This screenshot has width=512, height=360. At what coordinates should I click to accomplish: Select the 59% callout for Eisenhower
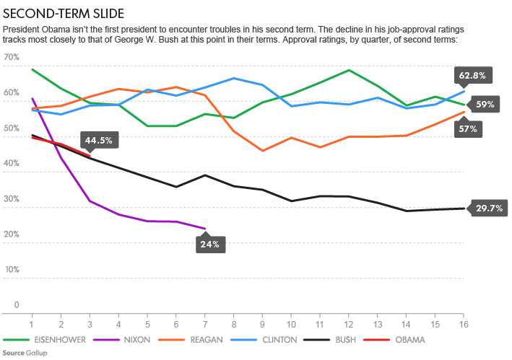click(485, 104)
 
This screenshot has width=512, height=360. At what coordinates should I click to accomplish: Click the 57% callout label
click(467, 128)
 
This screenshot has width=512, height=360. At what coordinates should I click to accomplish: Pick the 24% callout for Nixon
click(210, 244)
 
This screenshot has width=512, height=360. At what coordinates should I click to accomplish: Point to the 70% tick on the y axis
click(12, 57)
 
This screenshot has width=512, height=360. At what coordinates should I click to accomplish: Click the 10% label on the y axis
click(12, 269)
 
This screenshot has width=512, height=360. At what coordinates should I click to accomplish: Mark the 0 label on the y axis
click(16, 304)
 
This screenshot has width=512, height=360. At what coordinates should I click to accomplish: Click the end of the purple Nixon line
click(205, 229)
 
